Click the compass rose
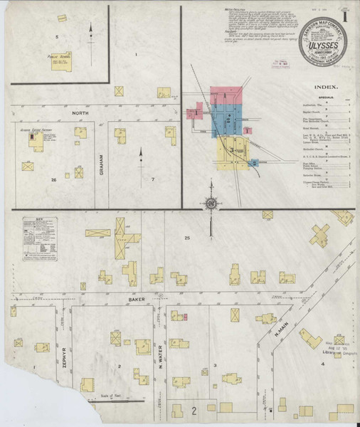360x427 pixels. [x=211, y=205]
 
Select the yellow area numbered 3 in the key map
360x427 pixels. [x=233, y=150]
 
